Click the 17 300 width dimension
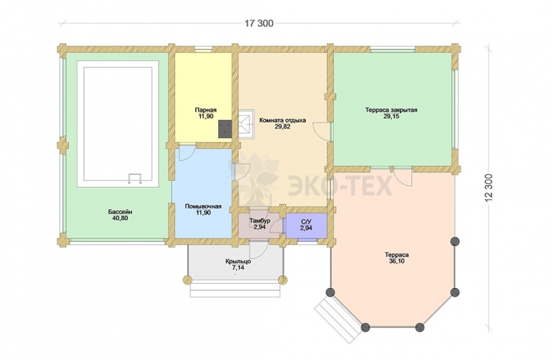pyautogui.click(x=259, y=24)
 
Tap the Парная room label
pyautogui.click(x=205, y=110)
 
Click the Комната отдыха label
pyautogui.click(x=282, y=120)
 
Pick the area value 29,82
pyautogui.click(x=282, y=127)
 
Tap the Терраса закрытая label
pyautogui.click(x=391, y=110)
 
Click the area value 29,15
pyautogui.click(x=391, y=116)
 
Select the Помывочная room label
pyautogui.click(x=203, y=207)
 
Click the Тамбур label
pyautogui.click(x=260, y=221)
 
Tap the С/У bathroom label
pyautogui.click(x=306, y=221)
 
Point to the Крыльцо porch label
pyautogui.click(x=238, y=262)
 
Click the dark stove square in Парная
pyautogui.click(x=225, y=129)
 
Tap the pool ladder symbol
pyautogui.click(x=135, y=178)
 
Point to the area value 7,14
pyautogui.click(x=238, y=268)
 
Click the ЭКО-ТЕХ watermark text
pyautogui.click(x=340, y=186)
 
